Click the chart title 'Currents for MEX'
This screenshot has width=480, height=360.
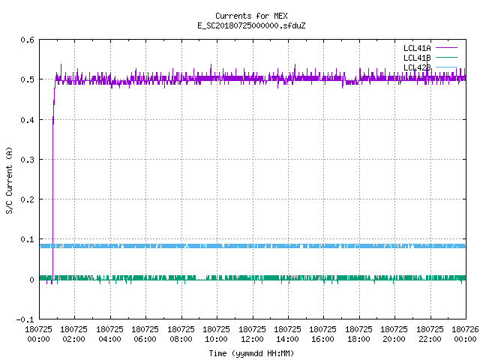251,16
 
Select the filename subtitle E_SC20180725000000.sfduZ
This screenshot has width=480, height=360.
251,25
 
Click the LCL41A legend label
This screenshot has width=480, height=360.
417,48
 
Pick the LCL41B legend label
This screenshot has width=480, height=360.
417,58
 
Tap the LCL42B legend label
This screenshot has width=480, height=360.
417,67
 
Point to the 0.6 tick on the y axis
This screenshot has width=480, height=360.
27,40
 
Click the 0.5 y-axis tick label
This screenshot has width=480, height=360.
27,79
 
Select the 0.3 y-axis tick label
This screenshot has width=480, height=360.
27,160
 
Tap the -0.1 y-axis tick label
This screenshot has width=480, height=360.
25,319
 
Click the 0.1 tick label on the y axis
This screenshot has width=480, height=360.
27,239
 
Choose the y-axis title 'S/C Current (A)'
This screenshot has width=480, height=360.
9,181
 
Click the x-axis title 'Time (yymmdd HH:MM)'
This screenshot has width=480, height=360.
251,353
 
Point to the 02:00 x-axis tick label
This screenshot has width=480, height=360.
73,339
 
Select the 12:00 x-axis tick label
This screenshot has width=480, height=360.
252,339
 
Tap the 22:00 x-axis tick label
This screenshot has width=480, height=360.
430,339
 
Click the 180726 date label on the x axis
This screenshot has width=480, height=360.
465,329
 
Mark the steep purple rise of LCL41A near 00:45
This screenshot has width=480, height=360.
53,181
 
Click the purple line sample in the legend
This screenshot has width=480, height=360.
446,48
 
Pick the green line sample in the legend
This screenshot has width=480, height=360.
446,58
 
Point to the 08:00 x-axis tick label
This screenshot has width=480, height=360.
181,339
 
